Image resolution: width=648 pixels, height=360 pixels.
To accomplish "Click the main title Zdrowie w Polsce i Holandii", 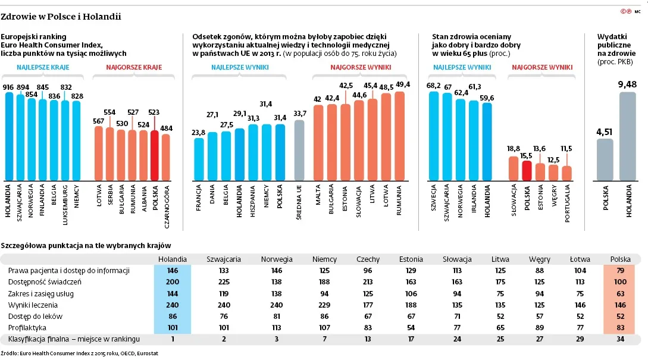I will (61, 17).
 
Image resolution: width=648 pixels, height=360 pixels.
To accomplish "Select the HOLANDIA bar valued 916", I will (9, 137).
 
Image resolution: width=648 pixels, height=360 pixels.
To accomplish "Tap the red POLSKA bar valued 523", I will (155, 156).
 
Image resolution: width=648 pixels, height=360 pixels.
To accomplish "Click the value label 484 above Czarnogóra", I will (166, 128).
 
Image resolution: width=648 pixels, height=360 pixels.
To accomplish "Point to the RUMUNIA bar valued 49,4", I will (399, 137).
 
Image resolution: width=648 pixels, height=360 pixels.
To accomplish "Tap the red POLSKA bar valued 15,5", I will (526, 170).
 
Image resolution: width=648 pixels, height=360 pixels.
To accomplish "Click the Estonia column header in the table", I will (411, 259).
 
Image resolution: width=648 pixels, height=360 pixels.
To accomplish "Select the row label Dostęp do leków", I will (35, 317).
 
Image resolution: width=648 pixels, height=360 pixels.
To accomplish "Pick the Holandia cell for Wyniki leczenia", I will (173, 305).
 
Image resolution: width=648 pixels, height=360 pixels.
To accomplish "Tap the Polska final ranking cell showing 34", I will (621, 339).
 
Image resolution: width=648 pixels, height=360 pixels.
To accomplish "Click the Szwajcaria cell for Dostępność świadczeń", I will (224, 282).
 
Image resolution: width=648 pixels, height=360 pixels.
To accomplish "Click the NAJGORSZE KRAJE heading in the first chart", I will (134, 68).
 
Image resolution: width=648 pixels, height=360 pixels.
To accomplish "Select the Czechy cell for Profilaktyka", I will (368, 328).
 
